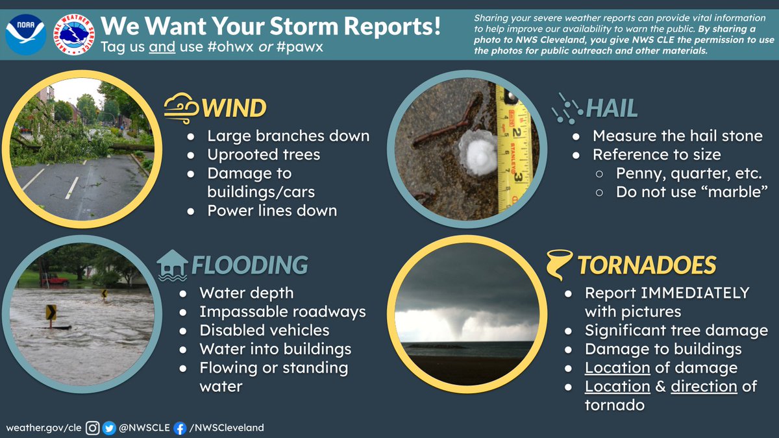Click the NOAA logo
(x=26, y=30)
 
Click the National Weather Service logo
(x=73, y=30)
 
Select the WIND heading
(x=234, y=108)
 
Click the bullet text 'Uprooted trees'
(x=264, y=154)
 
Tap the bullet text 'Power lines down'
(x=272, y=210)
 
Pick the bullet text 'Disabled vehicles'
(x=264, y=330)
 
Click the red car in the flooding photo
(x=56, y=280)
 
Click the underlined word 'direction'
(x=704, y=386)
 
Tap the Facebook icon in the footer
(x=180, y=428)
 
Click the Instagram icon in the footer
(x=93, y=428)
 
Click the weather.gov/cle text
(x=43, y=428)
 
